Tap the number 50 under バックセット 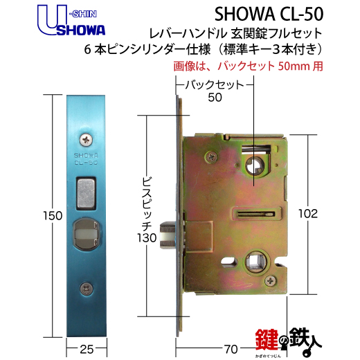click(216, 98)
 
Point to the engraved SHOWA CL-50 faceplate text click(85, 160)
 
